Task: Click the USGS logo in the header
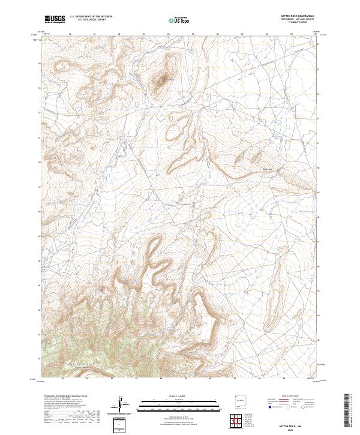click(55, 19)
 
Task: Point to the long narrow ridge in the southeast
click(269, 312)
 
